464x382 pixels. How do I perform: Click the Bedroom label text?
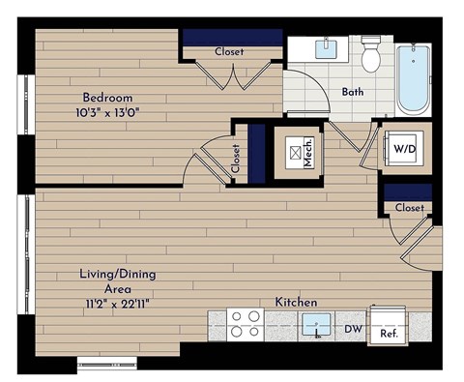click(x=105, y=97)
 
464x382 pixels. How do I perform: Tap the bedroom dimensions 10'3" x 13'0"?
click(x=105, y=112)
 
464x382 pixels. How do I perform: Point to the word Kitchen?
click(x=297, y=303)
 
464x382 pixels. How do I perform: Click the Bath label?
click(x=353, y=93)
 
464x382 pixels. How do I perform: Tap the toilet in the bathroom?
click(x=370, y=56)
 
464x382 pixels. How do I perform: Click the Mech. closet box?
click(x=297, y=152)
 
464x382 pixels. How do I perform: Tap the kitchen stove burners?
click(x=246, y=322)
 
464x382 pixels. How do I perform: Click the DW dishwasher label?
click(x=355, y=329)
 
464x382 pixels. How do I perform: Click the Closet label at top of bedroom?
click(x=229, y=51)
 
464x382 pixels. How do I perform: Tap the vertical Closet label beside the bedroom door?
click(x=235, y=159)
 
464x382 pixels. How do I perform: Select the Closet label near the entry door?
click(x=409, y=207)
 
